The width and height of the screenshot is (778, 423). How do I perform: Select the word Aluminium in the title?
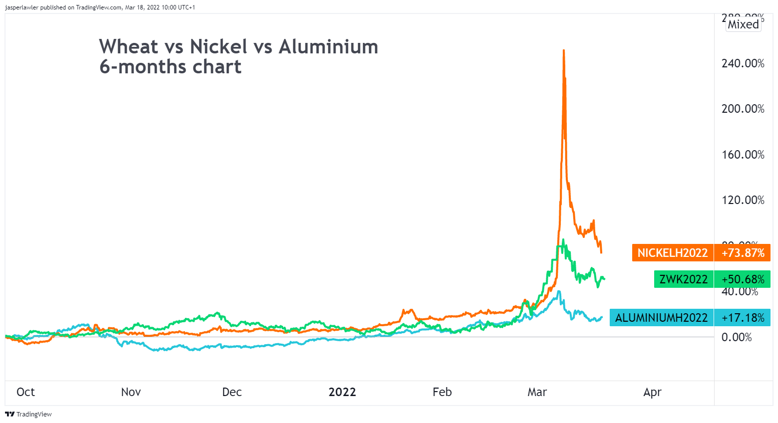[x=328, y=47]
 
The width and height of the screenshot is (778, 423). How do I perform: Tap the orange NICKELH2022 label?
[x=672, y=253]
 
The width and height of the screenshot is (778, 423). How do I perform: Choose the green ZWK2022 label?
[x=683, y=279]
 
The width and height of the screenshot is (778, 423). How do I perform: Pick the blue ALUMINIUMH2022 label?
[x=661, y=318]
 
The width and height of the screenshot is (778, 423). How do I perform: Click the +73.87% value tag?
[x=743, y=253]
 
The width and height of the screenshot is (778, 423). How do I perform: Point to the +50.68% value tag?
[x=743, y=279]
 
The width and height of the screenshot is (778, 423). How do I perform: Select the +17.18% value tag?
[x=743, y=318]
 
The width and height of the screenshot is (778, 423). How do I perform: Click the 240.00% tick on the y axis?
[x=743, y=63]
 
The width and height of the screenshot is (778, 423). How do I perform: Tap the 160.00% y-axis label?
[x=743, y=155]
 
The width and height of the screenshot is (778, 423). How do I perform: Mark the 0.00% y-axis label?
[x=737, y=337]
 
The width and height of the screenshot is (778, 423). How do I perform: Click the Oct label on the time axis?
[x=25, y=392]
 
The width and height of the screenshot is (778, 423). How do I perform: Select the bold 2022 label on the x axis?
[x=342, y=392]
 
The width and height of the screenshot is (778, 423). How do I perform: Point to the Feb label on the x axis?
[x=442, y=392]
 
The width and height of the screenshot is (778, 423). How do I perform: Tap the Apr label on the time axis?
[x=652, y=392]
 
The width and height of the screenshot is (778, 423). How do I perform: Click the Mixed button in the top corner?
[x=743, y=24]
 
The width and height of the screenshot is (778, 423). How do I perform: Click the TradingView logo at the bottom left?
[x=28, y=414]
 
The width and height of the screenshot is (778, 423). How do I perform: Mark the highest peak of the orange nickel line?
[x=564, y=50]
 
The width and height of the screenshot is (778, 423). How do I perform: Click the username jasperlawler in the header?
[x=21, y=7]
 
